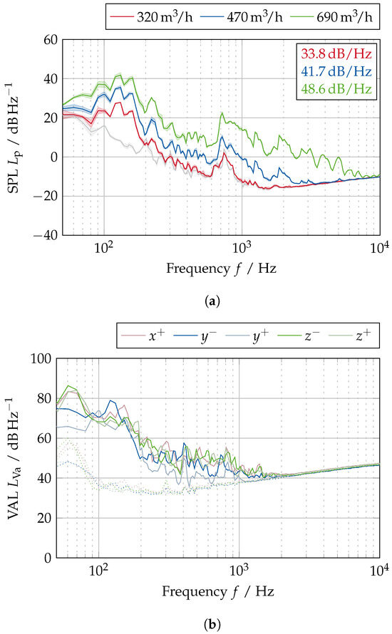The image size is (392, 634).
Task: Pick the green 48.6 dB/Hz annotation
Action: coord(336,90)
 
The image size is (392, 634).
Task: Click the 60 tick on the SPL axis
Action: coord(46,40)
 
